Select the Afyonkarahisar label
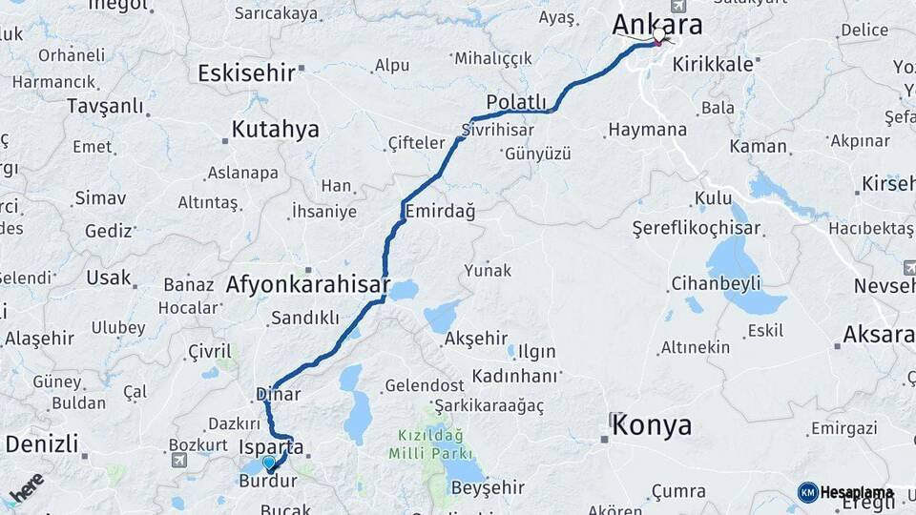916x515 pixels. click(307, 284)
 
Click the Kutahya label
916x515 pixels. click(275, 130)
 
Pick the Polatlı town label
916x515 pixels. click(516, 102)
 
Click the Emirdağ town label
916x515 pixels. click(440, 211)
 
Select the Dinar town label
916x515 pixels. click(278, 394)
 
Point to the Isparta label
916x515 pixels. click(271, 446)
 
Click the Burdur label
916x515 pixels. click(268, 482)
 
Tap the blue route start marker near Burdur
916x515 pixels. click(269, 463)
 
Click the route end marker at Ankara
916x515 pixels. click(658, 37)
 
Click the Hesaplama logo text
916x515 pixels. click(855, 493)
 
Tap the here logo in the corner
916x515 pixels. click(28, 488)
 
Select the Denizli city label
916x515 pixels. click(42, 443)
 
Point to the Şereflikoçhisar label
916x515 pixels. click(697, 229)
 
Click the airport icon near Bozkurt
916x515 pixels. click(178, 461)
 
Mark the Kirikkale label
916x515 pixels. click(713, 64)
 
